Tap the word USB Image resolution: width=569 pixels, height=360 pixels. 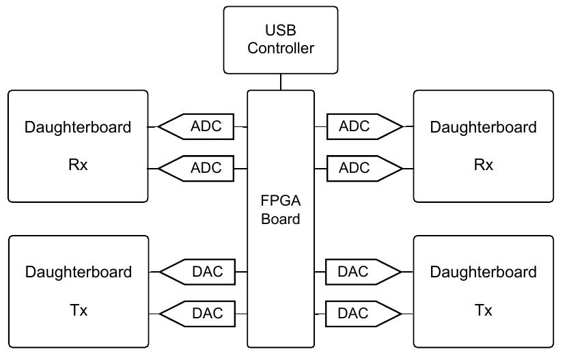click(281, 30)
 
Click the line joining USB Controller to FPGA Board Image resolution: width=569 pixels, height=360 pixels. click(281, 83)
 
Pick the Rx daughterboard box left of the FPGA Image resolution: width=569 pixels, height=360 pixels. click(78, 146)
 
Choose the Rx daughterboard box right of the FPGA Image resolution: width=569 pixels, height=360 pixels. click(483, 146)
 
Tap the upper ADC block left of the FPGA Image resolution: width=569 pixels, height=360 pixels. click(202, 126)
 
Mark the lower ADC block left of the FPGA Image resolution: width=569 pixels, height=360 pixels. click(202, 168)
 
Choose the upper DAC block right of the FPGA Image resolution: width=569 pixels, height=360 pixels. click(359, 272)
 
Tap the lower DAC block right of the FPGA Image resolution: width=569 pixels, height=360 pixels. click(359, 314)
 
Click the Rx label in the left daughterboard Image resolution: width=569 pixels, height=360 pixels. click(78, 166)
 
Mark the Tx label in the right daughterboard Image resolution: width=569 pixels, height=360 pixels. click(483, 311)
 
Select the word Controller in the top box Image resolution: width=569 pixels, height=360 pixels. click(281, 48)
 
